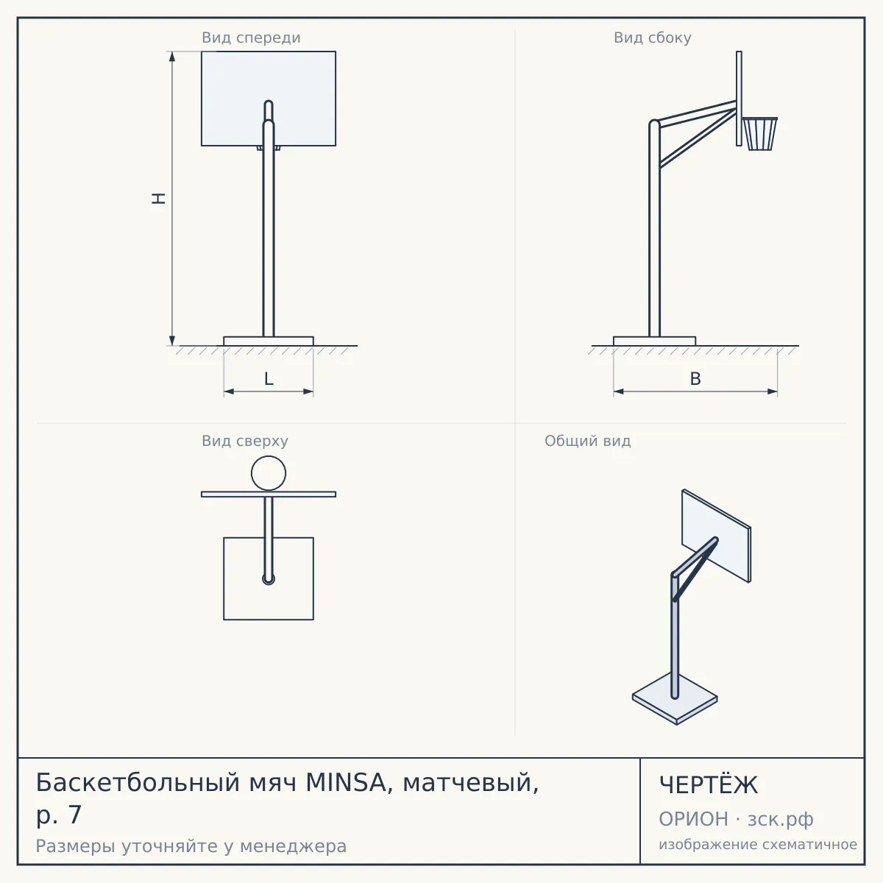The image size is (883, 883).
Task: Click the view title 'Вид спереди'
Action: point(251,38)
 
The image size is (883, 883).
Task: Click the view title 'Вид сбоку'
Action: point(653,38)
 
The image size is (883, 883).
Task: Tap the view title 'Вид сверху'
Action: point(245,441)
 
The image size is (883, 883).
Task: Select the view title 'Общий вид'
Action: point(587,441)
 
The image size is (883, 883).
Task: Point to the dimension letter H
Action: point(158,199)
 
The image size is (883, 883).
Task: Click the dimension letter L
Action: point(269,379)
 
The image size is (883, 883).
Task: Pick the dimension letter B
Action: point(695,379)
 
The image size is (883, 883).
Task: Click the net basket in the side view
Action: point(759,134)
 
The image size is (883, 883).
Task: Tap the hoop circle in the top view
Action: point(269,456)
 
